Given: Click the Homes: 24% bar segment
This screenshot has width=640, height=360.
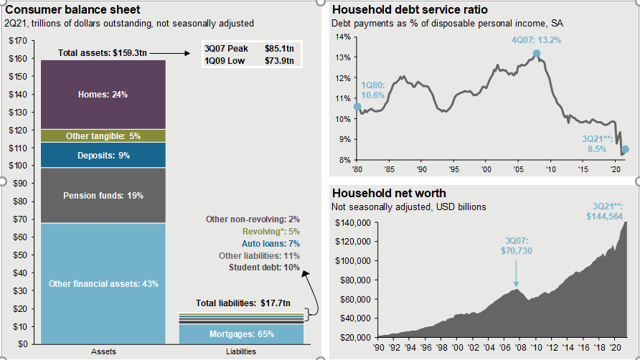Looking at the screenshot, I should (x=103, y=94).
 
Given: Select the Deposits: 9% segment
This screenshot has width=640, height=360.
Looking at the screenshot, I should (x=103, y=155).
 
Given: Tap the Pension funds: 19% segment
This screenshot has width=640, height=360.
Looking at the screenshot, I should (x=103, y=194).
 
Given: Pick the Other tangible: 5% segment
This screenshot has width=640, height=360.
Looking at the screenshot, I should (x=103, y=136).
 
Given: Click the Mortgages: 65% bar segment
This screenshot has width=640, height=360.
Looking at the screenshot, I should (x=241, y=334).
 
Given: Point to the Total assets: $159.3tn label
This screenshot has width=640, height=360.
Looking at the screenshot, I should (x=103, y=52).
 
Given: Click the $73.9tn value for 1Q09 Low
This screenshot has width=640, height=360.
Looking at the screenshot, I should (x=279, y=60).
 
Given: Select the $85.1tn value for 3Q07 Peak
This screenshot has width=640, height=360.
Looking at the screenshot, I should (x=279, y=48).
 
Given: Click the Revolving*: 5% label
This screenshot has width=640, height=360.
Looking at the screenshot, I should (x=263, y=232).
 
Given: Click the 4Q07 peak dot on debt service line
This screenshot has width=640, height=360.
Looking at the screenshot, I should (x=537, y=54).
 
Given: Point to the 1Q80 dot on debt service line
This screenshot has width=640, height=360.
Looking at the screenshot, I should (x=357, y=106).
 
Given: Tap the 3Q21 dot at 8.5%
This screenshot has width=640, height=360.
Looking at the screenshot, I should (x=626, y=149).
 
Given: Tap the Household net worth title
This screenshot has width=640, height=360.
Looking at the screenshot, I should (x=389, y=193).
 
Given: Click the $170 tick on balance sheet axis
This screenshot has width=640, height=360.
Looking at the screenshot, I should (x=16, y=40).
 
